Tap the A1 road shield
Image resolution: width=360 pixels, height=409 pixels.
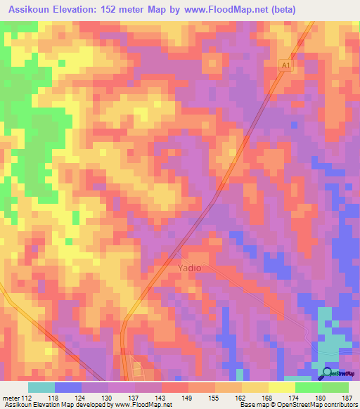285,64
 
